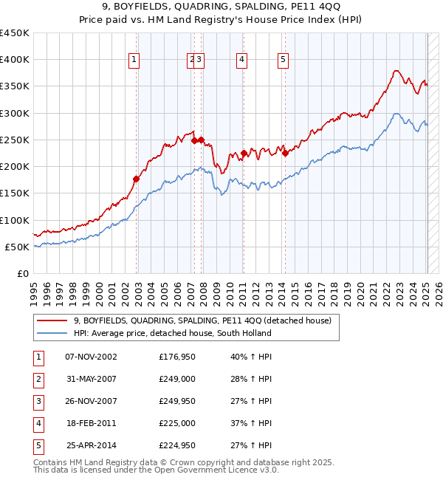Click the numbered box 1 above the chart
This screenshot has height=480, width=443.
[134, 61]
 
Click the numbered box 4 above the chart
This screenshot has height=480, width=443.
[241, 61]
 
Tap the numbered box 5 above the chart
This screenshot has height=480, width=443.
[284, 61]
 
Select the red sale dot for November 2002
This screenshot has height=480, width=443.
[136, 179]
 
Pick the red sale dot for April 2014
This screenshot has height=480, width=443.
[284, 154]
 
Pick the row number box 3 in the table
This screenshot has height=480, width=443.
[38, 402]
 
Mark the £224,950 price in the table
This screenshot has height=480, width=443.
[177, 445]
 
